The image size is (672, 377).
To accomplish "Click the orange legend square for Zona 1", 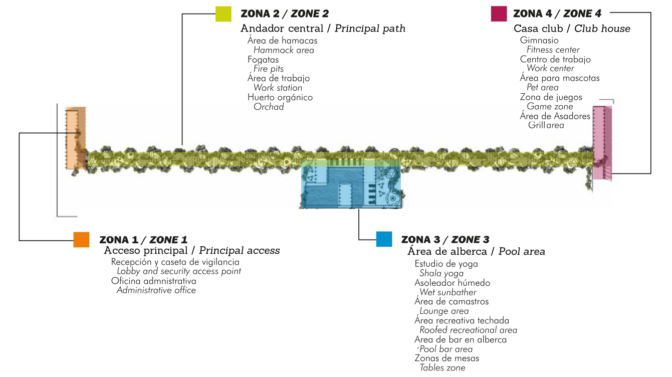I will pos(81,240).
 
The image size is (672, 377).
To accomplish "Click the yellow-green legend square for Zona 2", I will pos(223,14).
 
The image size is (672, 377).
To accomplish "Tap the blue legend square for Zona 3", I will pos(384,239).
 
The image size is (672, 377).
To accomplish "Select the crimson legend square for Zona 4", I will pos(499,14).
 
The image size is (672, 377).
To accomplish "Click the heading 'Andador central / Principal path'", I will pos(323,29).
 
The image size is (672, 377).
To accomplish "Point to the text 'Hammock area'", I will pos(284,50).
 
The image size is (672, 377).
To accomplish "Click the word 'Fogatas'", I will pos(263,60).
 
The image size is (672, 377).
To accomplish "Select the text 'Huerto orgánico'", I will pos(280,97).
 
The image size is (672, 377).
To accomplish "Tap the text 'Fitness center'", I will pos(553,50).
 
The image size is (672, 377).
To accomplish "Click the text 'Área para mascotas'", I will pos(559,78).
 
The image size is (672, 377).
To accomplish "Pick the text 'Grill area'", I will pos(546,125).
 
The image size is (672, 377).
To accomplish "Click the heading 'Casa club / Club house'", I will pos(572,29).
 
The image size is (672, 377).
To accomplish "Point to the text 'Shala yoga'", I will pos(441,273).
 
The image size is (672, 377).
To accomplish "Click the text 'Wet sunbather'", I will pos(448,292).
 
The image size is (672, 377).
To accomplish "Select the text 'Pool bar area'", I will pos(446,349).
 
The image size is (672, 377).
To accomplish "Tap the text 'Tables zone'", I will pos(442,368).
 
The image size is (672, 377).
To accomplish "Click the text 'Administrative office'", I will pos(156,290).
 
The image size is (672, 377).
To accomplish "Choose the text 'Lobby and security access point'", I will pos(179,271).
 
